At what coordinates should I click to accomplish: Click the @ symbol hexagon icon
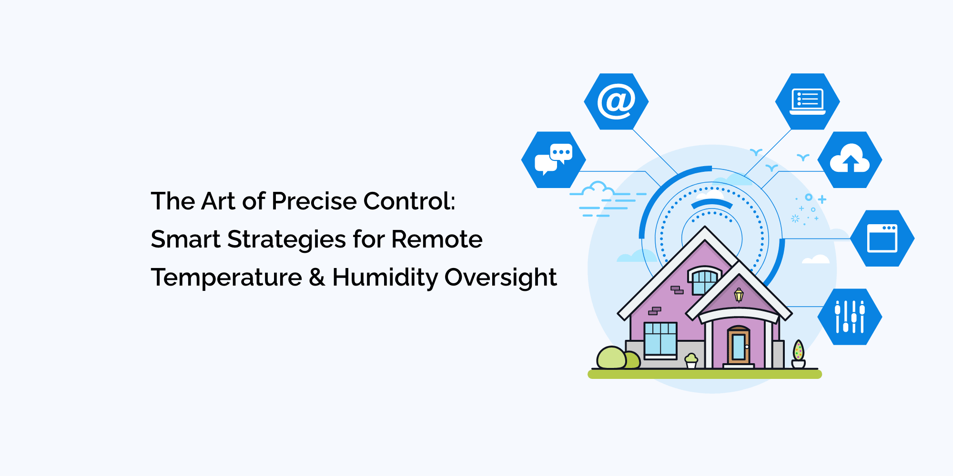click(x=616, y=101)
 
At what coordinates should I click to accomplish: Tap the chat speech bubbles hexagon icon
click(x=553, y=159)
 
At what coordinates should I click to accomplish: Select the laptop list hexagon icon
click(x=807, y=101)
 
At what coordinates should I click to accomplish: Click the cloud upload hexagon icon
click(x=850, y=160)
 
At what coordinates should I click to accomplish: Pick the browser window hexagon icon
click(x=882, y=238)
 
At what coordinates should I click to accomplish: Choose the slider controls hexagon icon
click(x=850, y=317)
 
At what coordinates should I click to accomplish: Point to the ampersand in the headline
click(x=317, y=278)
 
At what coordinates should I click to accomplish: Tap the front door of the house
click(x=739, y=347)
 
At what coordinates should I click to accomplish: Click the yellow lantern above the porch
click(x=739, y=295)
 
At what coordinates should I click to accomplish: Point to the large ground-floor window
click(x=660, y=339)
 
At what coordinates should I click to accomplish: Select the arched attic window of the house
click(x=704, y=281)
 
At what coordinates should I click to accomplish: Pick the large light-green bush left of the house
click(x=611, y=358)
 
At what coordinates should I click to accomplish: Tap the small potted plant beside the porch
click(x=691, y=360)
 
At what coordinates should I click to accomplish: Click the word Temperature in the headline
click(x=226, y=278)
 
